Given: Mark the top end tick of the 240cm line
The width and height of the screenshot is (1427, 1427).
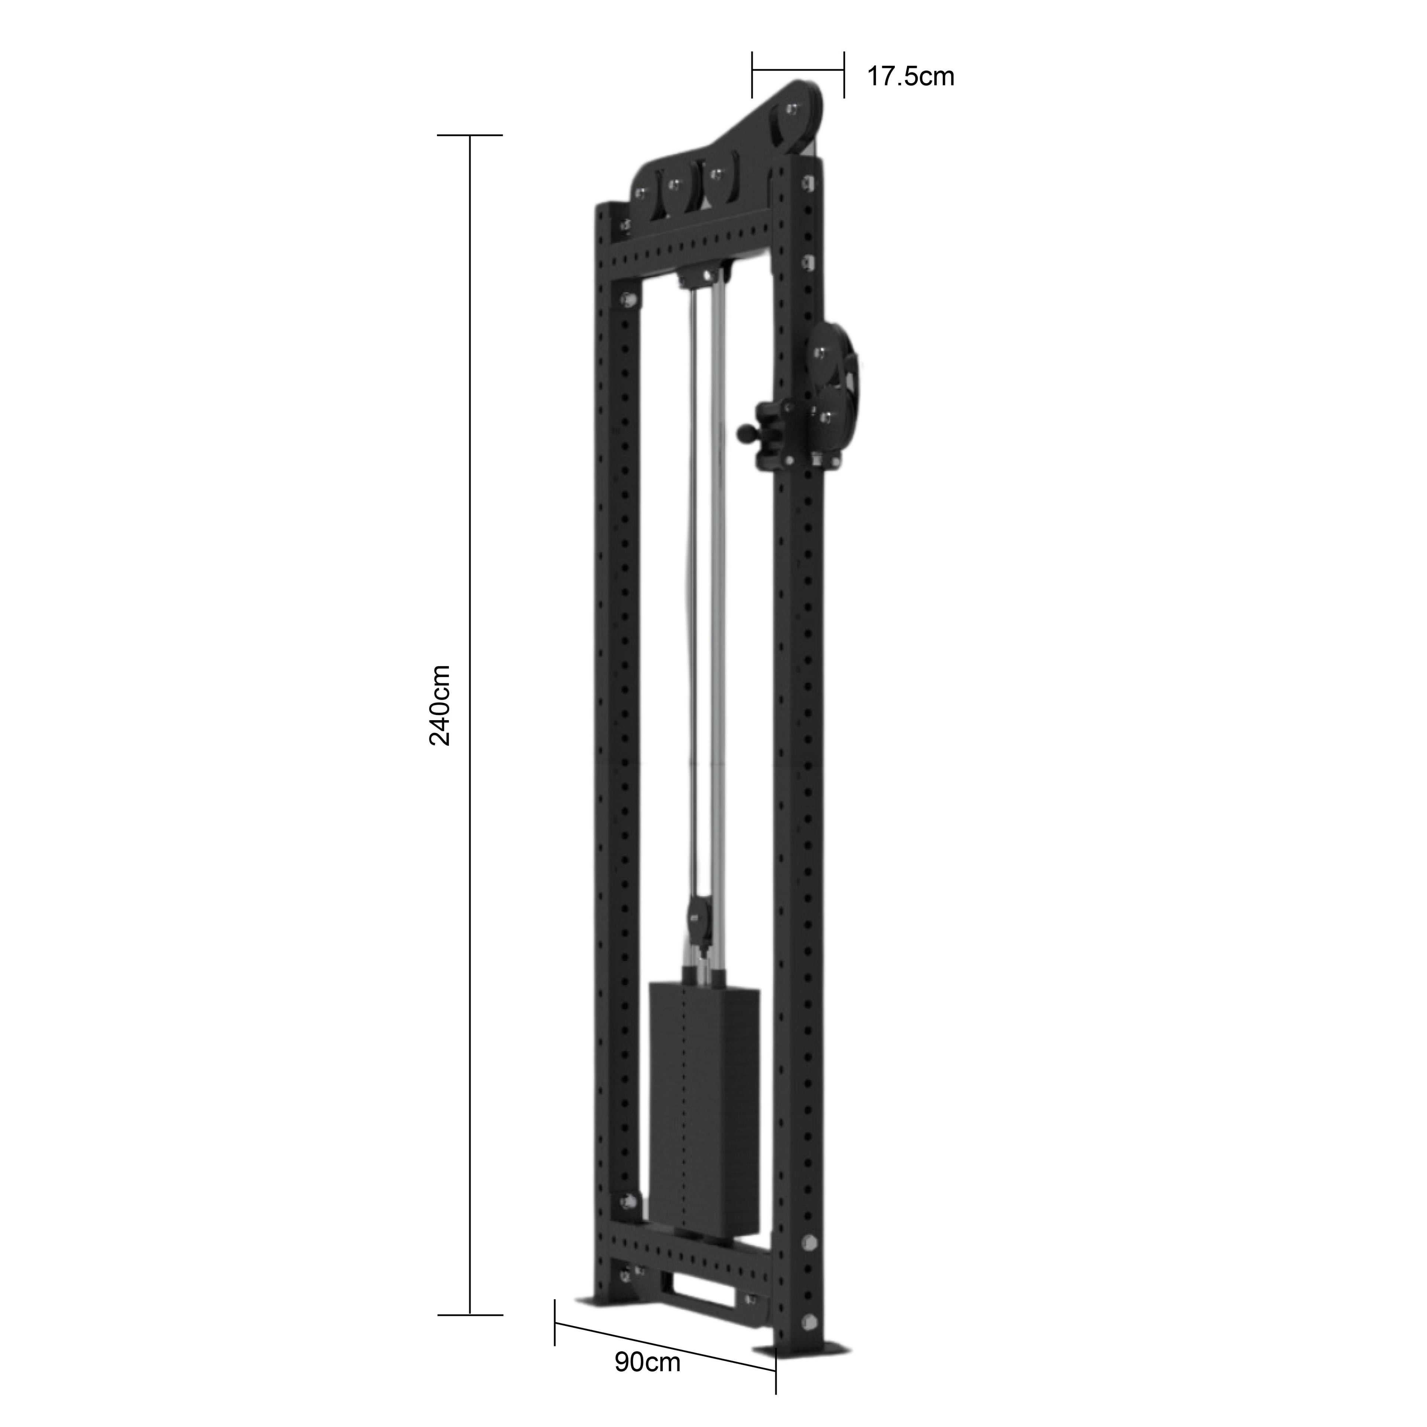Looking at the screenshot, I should [470, 136].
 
